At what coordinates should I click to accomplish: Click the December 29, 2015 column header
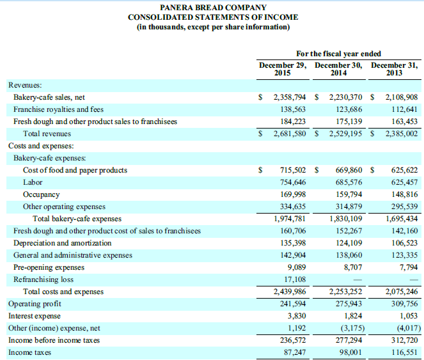282,69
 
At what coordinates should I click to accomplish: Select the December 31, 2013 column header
395,69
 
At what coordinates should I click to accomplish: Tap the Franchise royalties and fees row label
58,109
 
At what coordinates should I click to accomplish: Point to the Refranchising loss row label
43,279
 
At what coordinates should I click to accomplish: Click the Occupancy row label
41,194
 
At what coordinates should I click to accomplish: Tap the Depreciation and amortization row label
62,243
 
